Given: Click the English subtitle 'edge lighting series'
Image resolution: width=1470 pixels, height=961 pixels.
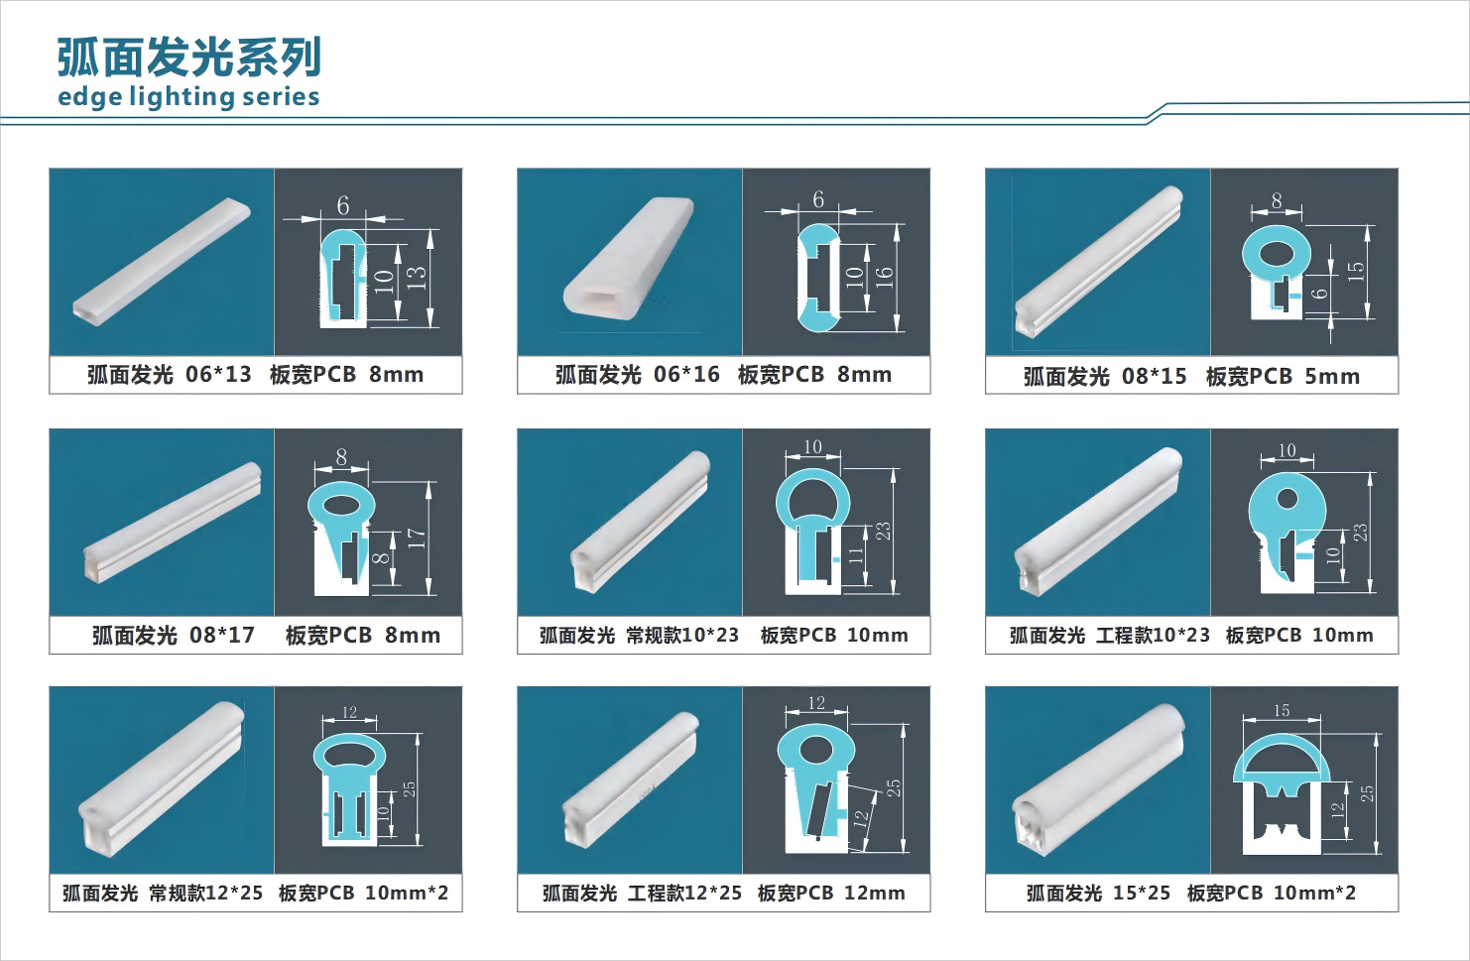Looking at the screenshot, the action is click(188, 96).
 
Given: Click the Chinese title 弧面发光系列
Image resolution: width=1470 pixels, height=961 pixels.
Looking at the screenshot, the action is click(189, 58).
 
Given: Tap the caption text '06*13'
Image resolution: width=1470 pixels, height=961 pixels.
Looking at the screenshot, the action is click(218, 375).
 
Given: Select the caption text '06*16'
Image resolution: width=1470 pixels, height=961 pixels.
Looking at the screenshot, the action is click(686, 375).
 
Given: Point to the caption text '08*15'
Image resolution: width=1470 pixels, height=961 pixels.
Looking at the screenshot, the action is click(1155, 377).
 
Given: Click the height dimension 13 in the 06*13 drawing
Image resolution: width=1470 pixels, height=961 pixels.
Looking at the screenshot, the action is click(417, 278).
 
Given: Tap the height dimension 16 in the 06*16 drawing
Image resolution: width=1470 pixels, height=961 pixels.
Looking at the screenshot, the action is click(884, 278).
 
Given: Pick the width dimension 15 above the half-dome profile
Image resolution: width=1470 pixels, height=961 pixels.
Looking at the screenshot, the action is click(1282, 710).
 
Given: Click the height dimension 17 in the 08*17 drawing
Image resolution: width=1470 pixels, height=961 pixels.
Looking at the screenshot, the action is click(417, 539).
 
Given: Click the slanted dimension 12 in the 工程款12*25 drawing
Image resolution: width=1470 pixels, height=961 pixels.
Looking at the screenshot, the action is click(861, 816).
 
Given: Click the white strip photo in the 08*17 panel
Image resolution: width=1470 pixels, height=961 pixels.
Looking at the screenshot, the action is click(172, 523).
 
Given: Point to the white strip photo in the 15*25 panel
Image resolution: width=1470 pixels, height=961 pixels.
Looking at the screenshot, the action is click(1099, 780).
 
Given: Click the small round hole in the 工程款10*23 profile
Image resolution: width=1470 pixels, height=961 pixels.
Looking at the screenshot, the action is click(1286, 499).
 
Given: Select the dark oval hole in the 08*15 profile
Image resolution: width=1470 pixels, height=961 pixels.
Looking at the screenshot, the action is click(1277, 253).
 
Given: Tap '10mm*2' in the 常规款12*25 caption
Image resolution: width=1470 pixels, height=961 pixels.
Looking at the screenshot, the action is click(407, 893).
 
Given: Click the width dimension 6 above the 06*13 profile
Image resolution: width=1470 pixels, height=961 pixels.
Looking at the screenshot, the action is click(342, 206).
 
